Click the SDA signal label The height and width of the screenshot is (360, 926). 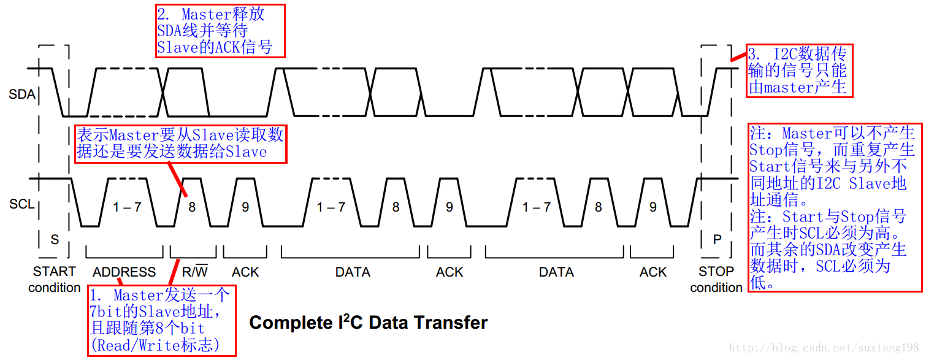tap(21, 95)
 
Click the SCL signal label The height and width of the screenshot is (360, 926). tap(21, 205)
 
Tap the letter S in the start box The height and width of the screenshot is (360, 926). tap(55, 240)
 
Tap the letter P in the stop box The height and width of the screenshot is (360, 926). tap(717, 240)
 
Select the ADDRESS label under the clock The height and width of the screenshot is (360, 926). tap(124, 272)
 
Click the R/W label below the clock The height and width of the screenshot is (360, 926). tap(195, 271)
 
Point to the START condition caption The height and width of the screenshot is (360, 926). tap(55, 279)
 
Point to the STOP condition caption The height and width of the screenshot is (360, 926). tap(716, 279)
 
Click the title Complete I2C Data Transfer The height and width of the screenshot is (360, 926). tap(368, 323)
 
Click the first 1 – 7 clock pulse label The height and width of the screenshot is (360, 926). tap(128, 207)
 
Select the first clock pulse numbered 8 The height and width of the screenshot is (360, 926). tap(192, 207)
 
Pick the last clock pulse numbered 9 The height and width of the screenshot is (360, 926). tap(652, 207)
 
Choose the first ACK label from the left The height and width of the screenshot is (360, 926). tap(245, 272)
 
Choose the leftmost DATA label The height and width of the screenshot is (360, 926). tap(353, 272)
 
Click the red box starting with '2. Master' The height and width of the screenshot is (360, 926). tap(220, 31)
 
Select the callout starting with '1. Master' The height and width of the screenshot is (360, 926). tap(162, 320)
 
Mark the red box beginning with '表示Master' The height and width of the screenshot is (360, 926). tap(181, 144)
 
